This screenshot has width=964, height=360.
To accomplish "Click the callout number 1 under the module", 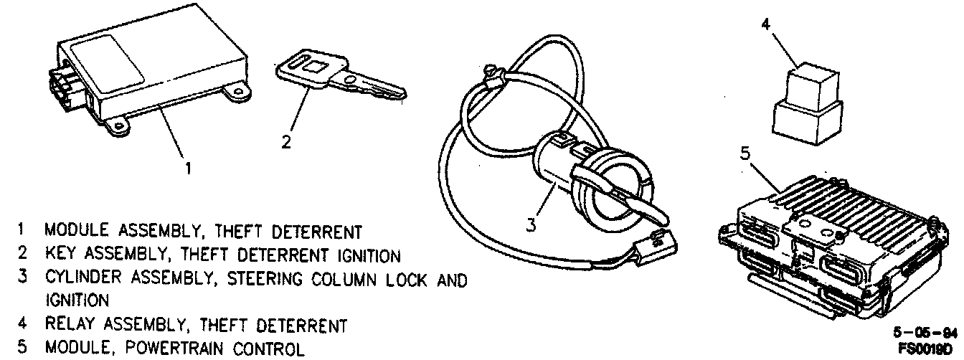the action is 188,169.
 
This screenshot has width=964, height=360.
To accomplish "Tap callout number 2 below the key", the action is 286,142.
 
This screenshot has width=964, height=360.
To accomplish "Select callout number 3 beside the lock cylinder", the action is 531,224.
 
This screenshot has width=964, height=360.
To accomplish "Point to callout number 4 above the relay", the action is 765,24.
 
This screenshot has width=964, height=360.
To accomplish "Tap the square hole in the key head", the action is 313,70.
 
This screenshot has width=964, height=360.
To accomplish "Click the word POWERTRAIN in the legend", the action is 166,349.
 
